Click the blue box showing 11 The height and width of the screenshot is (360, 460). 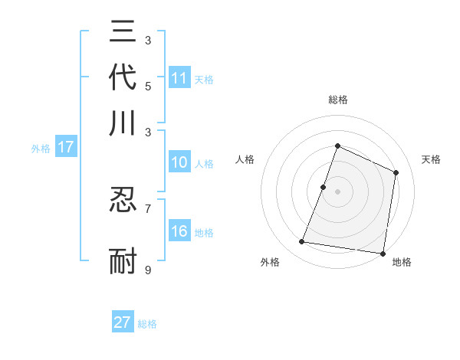click(x=179, y=78)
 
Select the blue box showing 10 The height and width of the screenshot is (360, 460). click(x=179, y=162)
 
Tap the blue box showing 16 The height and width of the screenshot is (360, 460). click(x=179, y=232)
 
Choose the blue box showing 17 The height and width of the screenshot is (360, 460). click(x=66, y=148)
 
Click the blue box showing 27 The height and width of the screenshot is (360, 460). click(x=123, y=322)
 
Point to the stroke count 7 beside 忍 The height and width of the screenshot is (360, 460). click(x=148, y=208)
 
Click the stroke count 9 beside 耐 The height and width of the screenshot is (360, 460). click(x=148, y=270)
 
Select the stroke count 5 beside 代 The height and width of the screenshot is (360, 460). click(x=148, y=86)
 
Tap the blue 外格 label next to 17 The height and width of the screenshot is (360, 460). click(x=41, y=149)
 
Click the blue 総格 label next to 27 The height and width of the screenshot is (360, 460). click(x=147, y=324)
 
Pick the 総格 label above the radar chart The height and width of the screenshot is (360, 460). click(x=337, y=100)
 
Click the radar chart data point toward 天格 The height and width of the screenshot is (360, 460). click(x=396, y=172)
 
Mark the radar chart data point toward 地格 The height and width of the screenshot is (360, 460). click(x=382, y=253)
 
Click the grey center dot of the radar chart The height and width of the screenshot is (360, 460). click(x=337, y=191)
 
